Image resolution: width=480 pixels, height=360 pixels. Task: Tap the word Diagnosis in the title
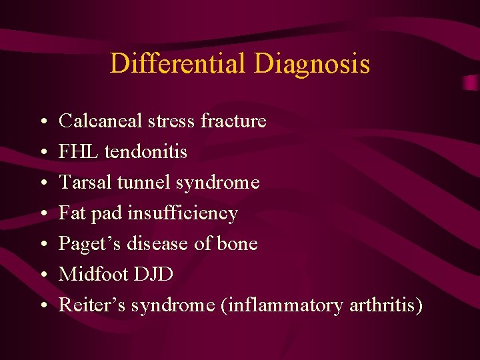311,64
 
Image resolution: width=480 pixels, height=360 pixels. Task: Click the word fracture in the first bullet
233,121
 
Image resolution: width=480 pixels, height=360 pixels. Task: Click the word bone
237,243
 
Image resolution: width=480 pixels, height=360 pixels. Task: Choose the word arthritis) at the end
385,305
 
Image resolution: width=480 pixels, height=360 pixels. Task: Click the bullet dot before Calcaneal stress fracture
42,122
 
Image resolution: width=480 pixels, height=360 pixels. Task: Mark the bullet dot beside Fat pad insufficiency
42,214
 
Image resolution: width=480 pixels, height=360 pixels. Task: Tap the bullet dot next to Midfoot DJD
42,275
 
